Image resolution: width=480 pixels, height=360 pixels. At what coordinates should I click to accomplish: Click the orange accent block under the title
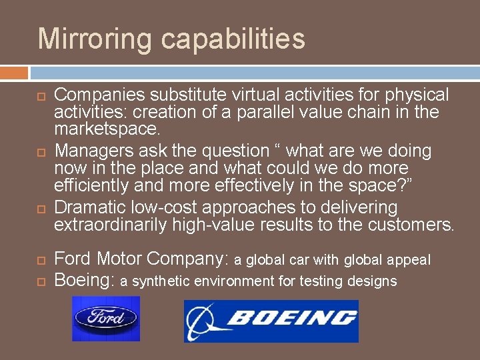click(14, 73)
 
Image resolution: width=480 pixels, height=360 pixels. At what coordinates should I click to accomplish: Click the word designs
click(371, 281)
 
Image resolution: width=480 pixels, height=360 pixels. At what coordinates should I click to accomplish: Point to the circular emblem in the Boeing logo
click(203, 321)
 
